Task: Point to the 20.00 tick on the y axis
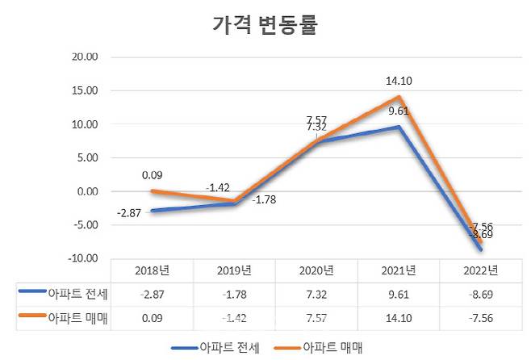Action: tap(85, 57)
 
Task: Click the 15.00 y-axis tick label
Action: tap(85, 91)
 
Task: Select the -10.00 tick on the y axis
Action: tap(83, 258)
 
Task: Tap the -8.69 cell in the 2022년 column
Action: tap(481, 294)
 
